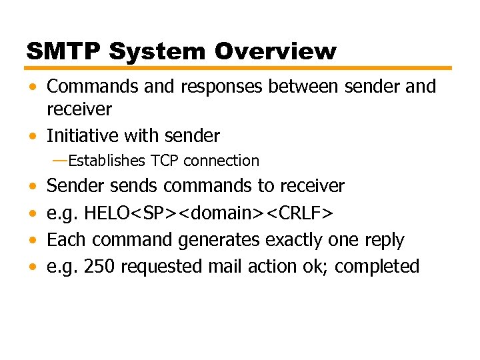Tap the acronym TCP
click(x=166, y=161)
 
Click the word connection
click(x=221, y=161)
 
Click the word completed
click(x=377, y=267)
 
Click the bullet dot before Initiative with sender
click(x=33, y=137)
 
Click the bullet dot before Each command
click(x=33, y=241)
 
